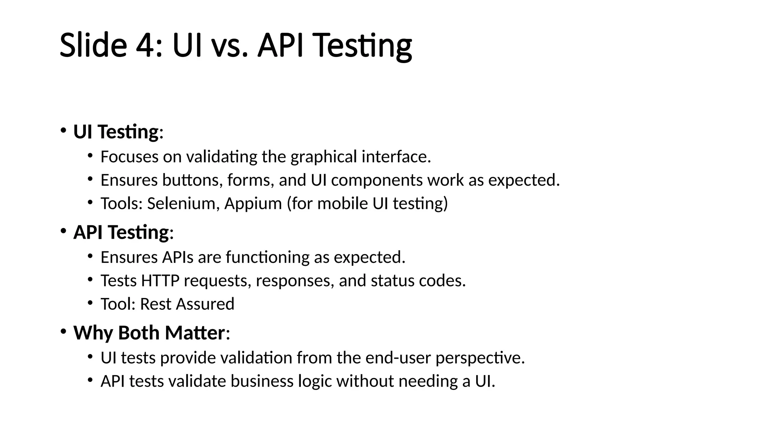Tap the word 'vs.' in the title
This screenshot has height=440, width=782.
click(228, 45)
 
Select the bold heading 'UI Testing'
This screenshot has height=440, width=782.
click(116, 132)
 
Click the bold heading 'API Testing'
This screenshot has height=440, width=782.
click(121, 233)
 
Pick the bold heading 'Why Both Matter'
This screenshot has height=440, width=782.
click(149, 333)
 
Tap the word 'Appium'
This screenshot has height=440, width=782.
click(253, 204)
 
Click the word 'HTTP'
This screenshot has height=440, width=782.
click(160, 281)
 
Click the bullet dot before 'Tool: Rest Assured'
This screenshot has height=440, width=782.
click(90, 303)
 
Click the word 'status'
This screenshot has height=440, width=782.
click(392, 281)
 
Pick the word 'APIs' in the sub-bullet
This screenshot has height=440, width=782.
click(178, 257)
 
